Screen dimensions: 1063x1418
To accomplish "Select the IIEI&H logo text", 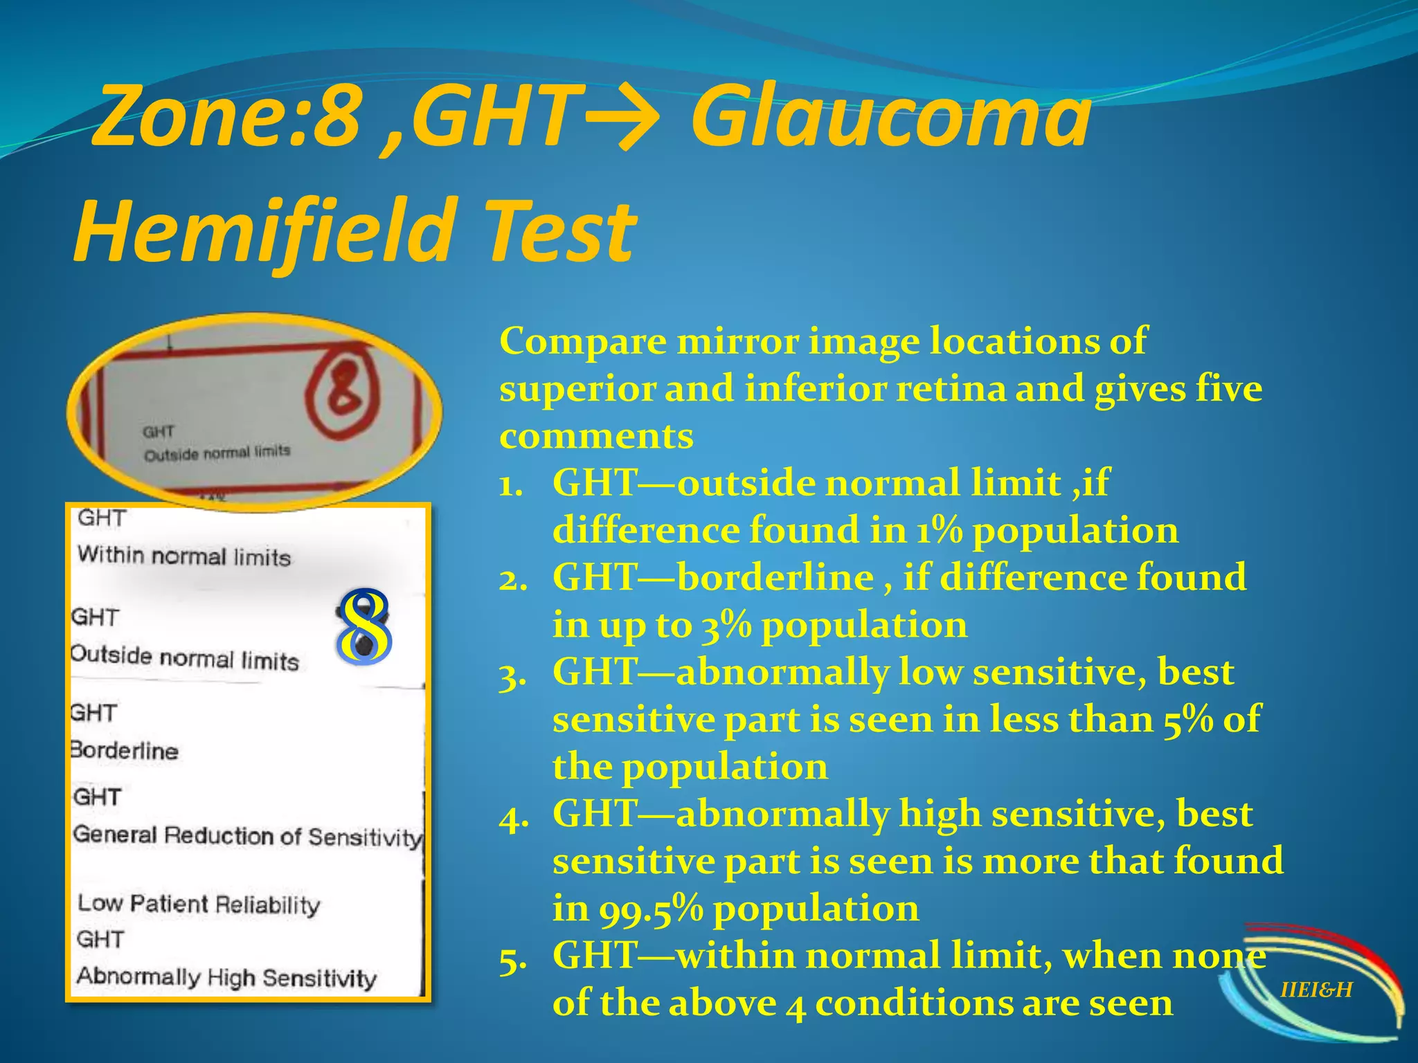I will pyautogui.click(x=1316, y=990).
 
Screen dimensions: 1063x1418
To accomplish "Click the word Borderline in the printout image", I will pyautogui.click(x=125, y=751).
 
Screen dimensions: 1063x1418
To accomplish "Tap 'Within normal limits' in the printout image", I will pyautogui.click(x=184, y=556).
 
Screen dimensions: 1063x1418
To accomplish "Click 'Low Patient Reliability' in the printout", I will pyautogui.click(x=199, y=904).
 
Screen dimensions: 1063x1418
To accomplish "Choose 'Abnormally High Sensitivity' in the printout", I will pyautogui.click(x=226, y=977).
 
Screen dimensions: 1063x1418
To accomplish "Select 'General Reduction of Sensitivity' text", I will pyautogui.click(x=247, y=836).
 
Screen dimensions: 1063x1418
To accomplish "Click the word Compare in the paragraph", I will pyautogui.click(x=582, y=341).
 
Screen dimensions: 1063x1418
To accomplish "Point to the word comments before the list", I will pyautogui.click(x=596, y=437).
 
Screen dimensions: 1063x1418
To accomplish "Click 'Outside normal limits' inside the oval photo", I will pyautogui.click(x=217, y=453).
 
